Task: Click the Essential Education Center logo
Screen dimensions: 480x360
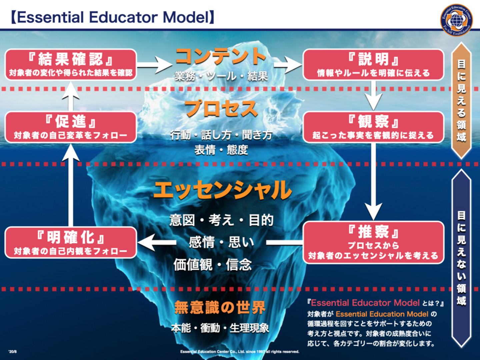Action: coord(456,20)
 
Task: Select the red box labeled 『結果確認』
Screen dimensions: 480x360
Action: coord(71,65)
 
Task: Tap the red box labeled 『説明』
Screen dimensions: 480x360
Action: coord(373,65)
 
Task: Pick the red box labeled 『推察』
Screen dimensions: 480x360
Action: coord(373,243)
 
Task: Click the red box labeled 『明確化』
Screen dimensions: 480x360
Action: coord(71,243)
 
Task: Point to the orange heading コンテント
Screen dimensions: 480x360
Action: coord(221,56)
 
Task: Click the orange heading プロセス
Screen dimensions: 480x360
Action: coord(221,109)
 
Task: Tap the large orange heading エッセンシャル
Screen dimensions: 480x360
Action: coord(222,190)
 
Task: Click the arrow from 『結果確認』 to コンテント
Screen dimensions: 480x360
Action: coord(155,65)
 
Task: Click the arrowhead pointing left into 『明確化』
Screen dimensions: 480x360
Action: coord(147,242)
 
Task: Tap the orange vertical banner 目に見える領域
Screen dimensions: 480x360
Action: coord(461,100)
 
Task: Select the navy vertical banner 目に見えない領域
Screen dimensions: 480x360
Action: coord(461,258)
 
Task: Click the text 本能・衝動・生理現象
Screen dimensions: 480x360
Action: coord(220,328)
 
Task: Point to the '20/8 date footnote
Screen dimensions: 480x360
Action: coord(12,352)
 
